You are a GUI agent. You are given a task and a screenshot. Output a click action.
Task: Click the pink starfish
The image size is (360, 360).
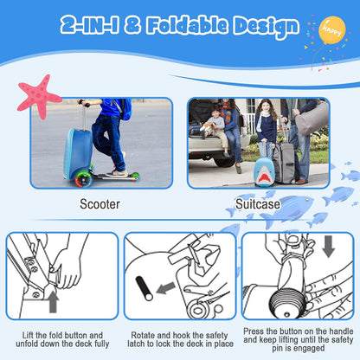39,95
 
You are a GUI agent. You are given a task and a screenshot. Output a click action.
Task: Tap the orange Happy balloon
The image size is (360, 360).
332,29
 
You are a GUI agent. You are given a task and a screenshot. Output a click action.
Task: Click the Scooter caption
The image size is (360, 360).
101,205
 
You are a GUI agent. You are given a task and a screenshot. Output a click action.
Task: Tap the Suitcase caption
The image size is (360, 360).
259,205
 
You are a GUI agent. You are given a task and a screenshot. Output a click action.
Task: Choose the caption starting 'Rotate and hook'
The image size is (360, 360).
180,339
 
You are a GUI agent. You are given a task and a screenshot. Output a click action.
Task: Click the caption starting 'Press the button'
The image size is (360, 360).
299,339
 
